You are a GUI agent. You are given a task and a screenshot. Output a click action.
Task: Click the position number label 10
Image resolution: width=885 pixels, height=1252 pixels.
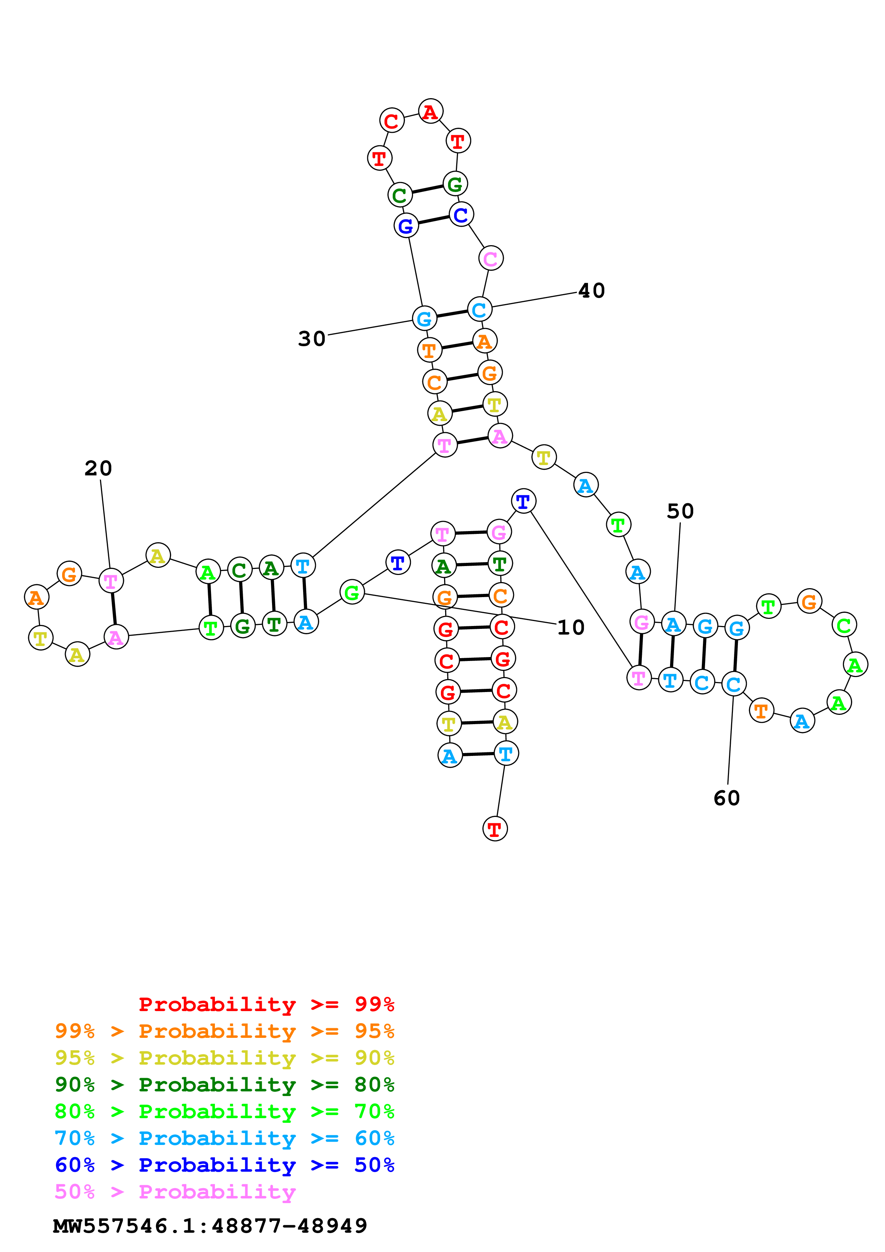[x=570, y=628]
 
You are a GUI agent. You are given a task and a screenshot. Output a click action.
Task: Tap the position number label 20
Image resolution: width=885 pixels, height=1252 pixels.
[x=98, y=468]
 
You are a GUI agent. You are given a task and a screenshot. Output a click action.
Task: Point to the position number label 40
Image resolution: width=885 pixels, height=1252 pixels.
[x=592, y=291]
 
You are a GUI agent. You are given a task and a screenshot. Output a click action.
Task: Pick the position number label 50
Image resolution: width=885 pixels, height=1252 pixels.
[x=680, y=511]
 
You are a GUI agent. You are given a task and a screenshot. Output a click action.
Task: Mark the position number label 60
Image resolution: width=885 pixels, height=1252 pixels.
[x=726, y=798]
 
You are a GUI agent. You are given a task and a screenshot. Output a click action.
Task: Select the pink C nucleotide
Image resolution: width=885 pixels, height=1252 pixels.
[x=490, y=258]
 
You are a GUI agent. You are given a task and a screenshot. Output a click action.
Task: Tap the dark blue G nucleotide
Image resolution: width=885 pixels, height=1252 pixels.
[x=406, y=226]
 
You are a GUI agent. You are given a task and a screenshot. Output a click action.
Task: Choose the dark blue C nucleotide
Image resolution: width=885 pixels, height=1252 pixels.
[x=461, y=215]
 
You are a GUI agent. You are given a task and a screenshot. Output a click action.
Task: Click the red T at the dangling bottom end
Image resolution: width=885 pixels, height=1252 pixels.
[x=494, y=829]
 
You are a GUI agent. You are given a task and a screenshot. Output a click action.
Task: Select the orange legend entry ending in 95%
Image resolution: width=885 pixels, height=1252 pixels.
[x=224, y=1031]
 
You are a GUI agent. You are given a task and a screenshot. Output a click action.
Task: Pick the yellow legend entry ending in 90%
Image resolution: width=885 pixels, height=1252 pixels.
[x=224, y=1058]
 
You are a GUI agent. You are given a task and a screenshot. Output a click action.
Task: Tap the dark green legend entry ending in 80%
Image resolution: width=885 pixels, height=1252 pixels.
[x=224, y=1085]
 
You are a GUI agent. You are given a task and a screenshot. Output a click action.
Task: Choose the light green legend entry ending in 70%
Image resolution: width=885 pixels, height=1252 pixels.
[x=224, y=1111]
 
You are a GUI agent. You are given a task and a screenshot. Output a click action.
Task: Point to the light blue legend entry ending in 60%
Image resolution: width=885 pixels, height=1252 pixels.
[x=224, y=1138]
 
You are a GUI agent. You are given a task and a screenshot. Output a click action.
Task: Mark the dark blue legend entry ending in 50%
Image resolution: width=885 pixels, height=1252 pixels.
[x=224, y=1165]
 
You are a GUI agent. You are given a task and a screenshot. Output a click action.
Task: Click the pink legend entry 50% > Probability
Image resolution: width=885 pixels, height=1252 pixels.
[x=175, y=1191]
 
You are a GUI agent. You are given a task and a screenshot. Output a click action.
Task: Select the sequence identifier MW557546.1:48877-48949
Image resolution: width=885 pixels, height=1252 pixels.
[x=210, y=1226]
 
